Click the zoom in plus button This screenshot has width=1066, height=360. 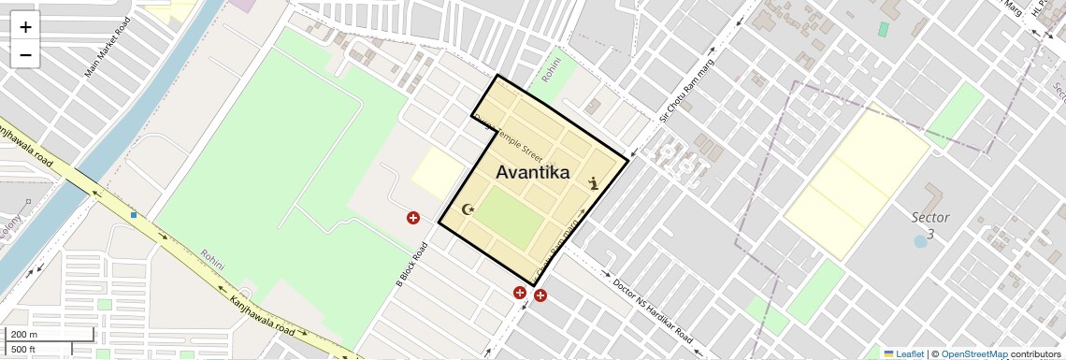click(x=25, y=27)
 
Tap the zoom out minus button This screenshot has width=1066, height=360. click(x=25, y=55)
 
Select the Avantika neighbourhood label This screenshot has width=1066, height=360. click(x=532, y=172)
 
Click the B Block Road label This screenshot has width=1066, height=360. click(x=411, y=264)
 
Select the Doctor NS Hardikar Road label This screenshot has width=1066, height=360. click(x=653, y=310)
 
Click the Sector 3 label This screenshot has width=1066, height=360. click(x=929, y=224)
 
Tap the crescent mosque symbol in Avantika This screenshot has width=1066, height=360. click(x=468, y=209)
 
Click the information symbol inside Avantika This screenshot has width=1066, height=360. click(x=593, y=184)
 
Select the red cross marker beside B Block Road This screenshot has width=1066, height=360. click(x=412, y=218)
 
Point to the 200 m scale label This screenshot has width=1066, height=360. click(x=24, y=335)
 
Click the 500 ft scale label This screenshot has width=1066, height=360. click(x=23, y=349)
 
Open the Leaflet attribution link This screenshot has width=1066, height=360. click(x=910, y=353)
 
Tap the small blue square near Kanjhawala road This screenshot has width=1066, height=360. click(x=134, y=215)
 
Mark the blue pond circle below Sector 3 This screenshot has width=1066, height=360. click(x=920, y=241)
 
